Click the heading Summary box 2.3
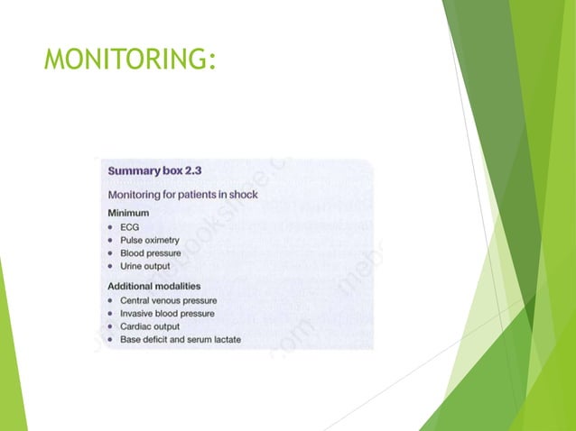163,170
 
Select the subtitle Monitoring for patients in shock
183,195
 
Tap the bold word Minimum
129,214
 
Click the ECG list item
129,227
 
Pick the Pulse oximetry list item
149,241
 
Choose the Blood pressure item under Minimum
150,253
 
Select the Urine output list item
144,267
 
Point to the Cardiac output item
149,326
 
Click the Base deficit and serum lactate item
181,339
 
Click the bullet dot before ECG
110,227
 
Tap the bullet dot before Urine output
110,267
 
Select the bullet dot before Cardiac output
110,326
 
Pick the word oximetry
162,241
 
